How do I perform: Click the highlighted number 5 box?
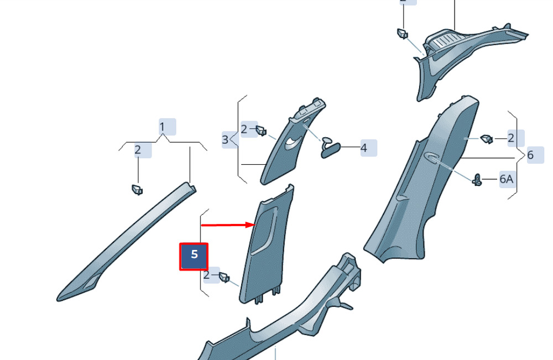coord(194,257)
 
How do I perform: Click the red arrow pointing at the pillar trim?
coord(228,225)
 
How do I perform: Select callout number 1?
coord(162,127)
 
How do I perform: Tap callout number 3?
coord(226,139)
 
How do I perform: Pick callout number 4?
coord(364,148)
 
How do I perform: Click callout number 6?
coord(530,155)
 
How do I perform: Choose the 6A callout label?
coord(507,179)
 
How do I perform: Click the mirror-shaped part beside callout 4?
coord(330,148)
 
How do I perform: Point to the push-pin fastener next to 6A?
coord(477,180)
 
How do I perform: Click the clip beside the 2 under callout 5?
coord(225,277)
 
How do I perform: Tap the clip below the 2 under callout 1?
coord(137,190)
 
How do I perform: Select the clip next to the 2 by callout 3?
coord(261,131)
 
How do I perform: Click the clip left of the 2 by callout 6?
coord(487,139)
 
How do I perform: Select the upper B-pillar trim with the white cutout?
coord(293,142)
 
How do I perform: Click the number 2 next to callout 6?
coord(512,138)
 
